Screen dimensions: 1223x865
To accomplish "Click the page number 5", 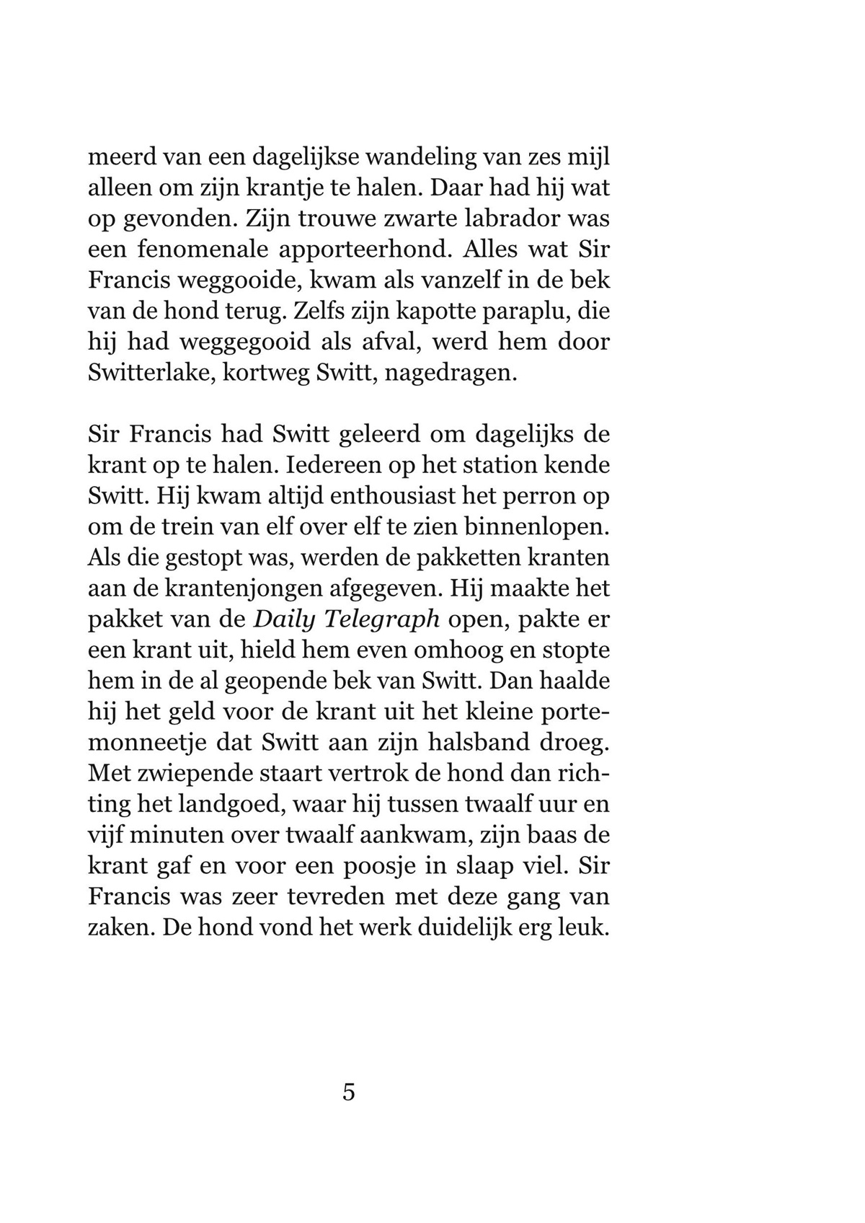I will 349,1092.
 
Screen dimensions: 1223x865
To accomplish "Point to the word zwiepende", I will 202,774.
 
